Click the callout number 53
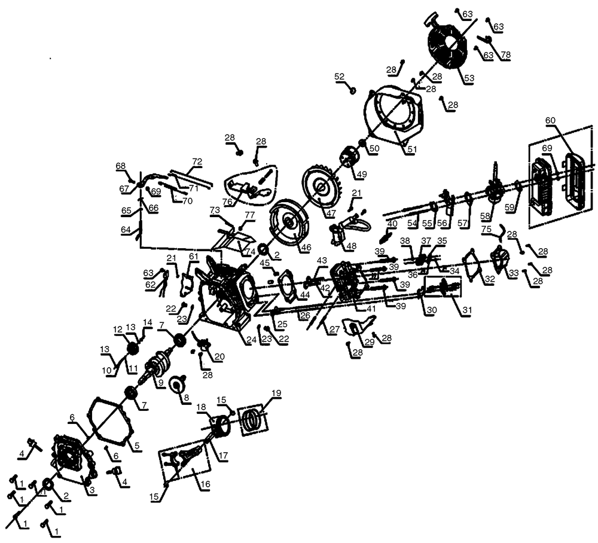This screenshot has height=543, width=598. [469, 78]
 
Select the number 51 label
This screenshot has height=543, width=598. [412, 149]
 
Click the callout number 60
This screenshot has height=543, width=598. [550, 120]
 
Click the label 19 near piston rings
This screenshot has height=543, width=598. [276, 393]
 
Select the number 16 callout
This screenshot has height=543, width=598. [205, 484]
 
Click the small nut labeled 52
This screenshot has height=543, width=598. [353, 90]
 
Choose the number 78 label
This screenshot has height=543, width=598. [505, 55]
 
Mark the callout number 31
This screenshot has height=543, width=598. [467, 310]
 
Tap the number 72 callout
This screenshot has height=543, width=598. [197, 161]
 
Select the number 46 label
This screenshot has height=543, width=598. [306, 247]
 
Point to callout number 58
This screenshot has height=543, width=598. [485, 216]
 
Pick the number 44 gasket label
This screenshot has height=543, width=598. [305, 295]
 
